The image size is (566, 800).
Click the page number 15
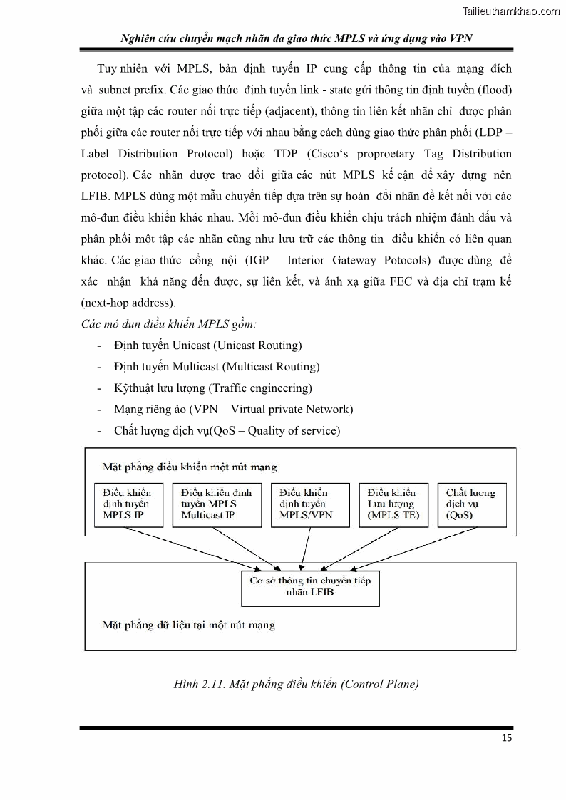click(506, 737)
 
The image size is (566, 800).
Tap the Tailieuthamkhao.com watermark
click(511, 11)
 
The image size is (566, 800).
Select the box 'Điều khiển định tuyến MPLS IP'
click(128, 504)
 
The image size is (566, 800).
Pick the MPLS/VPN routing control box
click(309, 504)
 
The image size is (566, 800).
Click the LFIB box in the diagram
click(310, 586)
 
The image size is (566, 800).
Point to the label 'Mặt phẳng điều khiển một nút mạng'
click(190, 467)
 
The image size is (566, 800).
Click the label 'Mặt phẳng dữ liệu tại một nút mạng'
click(188, 625)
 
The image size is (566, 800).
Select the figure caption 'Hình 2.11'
click(296, 685)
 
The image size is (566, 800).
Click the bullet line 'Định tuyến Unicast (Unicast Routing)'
click(207, 346)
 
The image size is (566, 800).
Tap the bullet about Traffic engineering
click(212, 388)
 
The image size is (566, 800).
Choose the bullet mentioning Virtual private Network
click(233, 410)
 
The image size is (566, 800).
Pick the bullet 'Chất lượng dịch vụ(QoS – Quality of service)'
click(227, 431)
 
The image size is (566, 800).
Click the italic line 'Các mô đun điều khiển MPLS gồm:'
click(169, 324)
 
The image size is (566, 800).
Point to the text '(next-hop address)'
click(128, 303)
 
